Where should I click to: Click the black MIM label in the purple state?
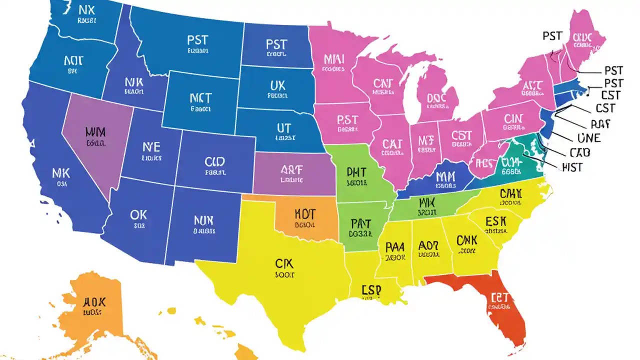pos(95,132)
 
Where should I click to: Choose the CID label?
pos(214,161)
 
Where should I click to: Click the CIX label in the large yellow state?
pos(285,263)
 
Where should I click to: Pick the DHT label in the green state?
pos(356,172)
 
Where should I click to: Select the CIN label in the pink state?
pos(513,119)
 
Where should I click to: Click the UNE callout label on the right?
pos(588,138)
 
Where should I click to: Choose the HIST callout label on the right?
pos(571,167)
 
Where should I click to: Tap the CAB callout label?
pos(579,152)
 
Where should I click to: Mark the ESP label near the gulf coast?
pos(371,290)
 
